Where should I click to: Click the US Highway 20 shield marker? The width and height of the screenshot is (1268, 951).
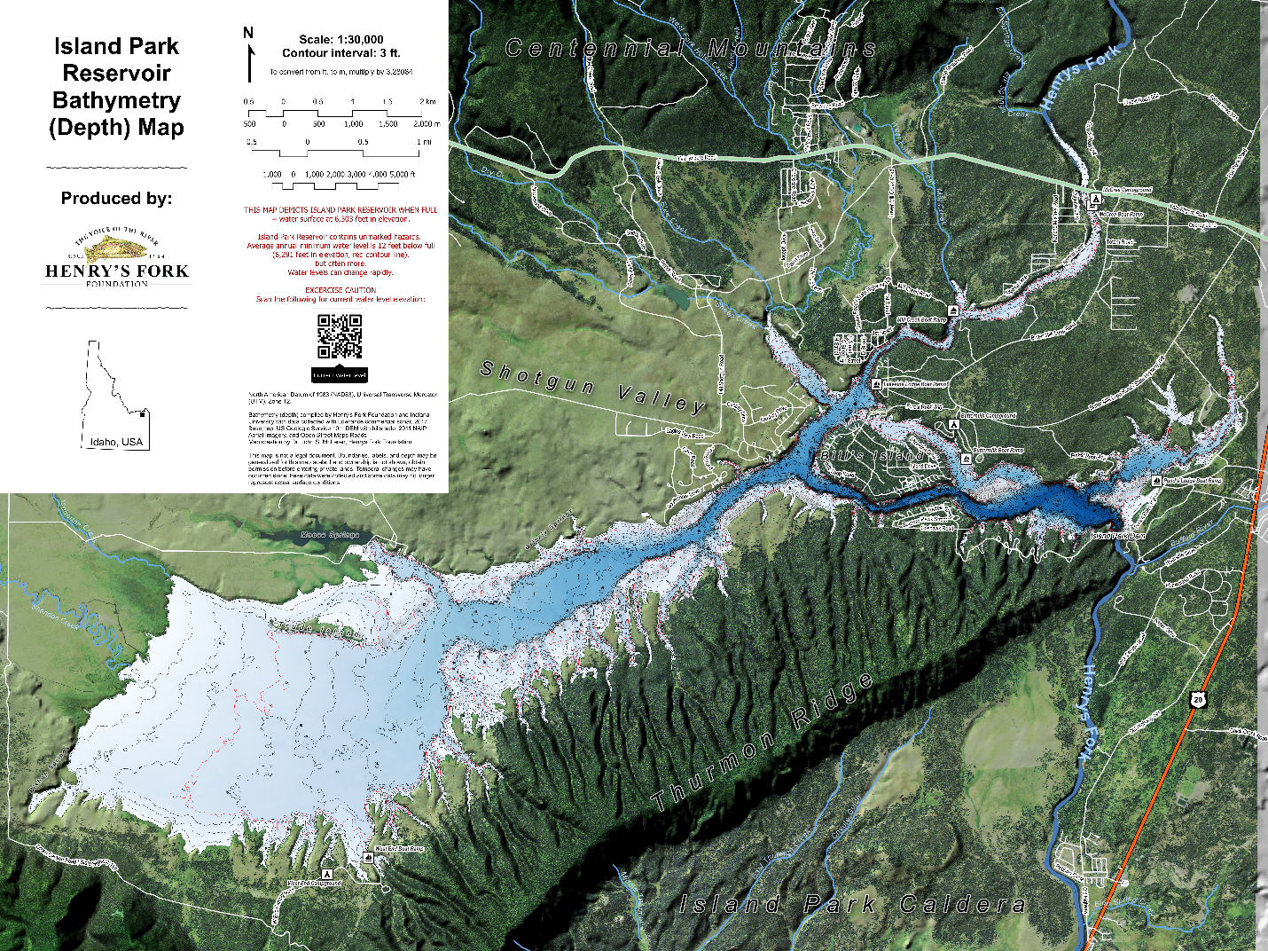point(1199,700)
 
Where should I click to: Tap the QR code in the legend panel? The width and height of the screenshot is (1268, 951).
point(340,337)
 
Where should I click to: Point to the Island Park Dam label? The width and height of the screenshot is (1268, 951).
point(1117,536)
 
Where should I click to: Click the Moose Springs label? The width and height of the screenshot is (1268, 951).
point(330,535)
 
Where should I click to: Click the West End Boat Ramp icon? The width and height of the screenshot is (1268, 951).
point(369,857)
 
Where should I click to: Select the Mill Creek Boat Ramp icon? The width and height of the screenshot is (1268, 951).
point(952,310)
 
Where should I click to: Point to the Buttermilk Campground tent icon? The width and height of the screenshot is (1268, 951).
point(955,424)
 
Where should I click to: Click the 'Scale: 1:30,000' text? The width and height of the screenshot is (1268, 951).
point(341,39)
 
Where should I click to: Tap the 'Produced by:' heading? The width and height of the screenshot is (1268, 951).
point(116,198)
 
